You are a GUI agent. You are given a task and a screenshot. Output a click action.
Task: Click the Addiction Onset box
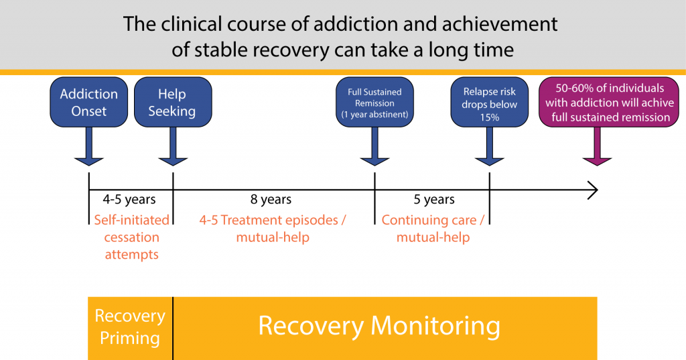tap(89, 102)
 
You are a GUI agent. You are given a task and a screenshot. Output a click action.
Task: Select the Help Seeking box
tap(173, 102)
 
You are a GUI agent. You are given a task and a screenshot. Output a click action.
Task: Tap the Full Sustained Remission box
tap(374, 102)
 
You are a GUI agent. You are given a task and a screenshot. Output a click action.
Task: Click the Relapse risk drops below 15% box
tap(490, 102)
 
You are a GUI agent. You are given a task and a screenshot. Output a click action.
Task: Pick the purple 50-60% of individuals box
tap(609, 102)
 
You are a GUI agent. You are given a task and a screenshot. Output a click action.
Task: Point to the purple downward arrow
tap(597, 146)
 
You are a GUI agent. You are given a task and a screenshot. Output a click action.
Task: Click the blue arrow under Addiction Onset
tap(89, 146)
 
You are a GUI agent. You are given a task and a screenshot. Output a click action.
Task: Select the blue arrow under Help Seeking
tap(173, 146)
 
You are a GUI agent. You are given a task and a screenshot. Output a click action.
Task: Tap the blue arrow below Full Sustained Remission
tap(374, 146)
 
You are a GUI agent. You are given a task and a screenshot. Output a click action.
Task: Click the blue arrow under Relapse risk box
tap(490, 146)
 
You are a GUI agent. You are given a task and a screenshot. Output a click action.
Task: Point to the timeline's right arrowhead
tap(596, 190)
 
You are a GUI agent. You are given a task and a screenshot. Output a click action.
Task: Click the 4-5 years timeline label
tap(129, 199)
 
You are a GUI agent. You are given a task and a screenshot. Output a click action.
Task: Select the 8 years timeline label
tap(271, 199)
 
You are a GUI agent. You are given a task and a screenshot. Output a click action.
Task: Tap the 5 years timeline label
tap(434, 199)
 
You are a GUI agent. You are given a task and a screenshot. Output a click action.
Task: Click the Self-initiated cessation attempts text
tap(132, 237)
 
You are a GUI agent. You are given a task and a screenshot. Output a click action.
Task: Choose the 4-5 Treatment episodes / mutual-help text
tap(273, 228)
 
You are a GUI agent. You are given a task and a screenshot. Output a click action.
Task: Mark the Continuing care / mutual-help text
tap(433, 228)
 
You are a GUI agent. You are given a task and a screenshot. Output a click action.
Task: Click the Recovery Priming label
tap(130, 326)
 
